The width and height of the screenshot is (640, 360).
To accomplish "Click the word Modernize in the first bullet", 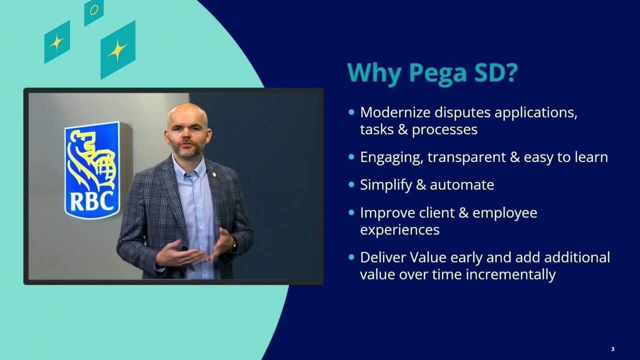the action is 395,112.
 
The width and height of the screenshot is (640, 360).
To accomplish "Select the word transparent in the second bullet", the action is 466,157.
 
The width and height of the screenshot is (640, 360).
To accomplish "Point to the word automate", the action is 462,185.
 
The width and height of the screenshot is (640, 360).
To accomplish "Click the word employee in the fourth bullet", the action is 505,213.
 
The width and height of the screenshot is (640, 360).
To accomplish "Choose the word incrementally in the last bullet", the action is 511,275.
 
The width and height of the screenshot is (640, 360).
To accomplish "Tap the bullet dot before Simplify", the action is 351,184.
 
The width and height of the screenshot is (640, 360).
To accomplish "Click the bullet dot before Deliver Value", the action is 351,257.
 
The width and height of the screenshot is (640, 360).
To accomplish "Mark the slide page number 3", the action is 612,349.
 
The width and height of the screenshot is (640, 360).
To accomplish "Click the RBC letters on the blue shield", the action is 91,201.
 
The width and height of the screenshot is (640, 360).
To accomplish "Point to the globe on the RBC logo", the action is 106,170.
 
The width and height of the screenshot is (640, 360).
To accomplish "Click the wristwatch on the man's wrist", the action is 234,245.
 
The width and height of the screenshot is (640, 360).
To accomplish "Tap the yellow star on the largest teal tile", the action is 117,50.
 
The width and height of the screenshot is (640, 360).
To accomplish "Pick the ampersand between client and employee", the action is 462,213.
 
